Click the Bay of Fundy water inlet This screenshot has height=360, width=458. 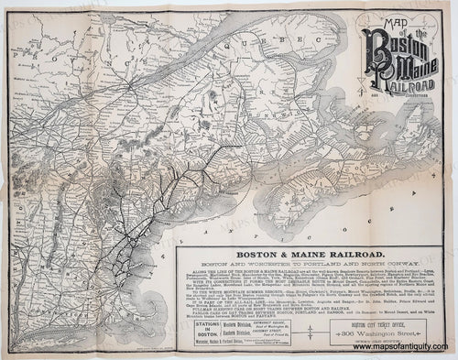click(275, 160)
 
